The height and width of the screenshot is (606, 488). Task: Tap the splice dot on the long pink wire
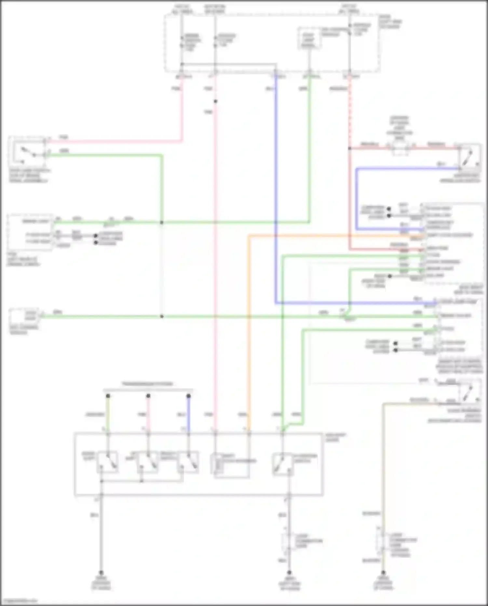pyautogui.click(x=215, y=101)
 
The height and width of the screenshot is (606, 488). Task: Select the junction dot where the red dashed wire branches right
pyautogui.click(x=350, y=148)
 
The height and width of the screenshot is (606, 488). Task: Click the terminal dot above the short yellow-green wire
pyautogui.click(x=108, y=396)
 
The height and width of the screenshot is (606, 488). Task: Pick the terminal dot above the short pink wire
pyautogui.click(x=148, y=396)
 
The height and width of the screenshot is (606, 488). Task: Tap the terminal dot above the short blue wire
pyautogui.click(x=189, y=396)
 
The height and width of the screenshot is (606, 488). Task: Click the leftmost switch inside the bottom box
pyautogui.click(x=108, y=462)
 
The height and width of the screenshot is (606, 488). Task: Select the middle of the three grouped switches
pyautogui.click(x=148, y=462)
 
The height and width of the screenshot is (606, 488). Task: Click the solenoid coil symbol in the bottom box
pyautogui.click(x=217, y=462)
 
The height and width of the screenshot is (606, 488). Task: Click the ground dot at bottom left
pyautogui.click(x=101, y=572)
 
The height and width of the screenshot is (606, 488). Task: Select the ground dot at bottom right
pyautogui.click(x=383, y=572)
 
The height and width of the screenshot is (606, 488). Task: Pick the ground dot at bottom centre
pyautogui.click(x=289, y=572)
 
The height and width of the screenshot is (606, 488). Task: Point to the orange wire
pyautogui.click(x=249, y=326)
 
